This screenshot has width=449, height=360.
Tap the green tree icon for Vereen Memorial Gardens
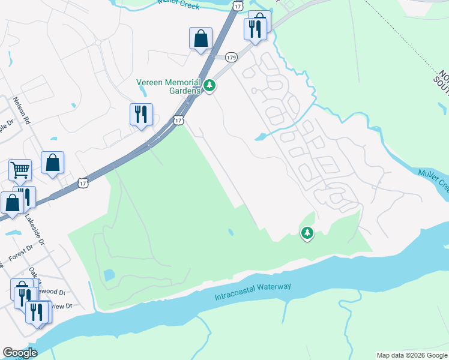tap(209, 86)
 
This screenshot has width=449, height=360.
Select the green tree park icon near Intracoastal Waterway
tap(307, 232)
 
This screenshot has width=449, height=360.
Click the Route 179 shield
tap(232, 58)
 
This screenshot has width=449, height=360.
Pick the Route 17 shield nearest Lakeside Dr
tap(82, 182)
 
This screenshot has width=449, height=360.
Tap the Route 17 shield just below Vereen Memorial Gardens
tap(178, 121)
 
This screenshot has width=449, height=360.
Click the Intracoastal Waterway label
tap(253, 292)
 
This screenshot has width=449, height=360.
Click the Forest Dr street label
tap(21, 253)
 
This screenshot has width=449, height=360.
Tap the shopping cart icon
tap(20, 170)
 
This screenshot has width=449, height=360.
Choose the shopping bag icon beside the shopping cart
tap(53, 162)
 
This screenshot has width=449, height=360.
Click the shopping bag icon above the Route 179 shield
tap(200, 38)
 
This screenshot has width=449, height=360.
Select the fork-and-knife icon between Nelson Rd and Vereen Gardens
tap(141, 114)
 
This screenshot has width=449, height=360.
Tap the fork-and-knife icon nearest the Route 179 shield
tap(255, 28)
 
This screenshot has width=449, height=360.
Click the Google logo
tap(20, 353)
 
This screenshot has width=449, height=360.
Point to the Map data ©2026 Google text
tap(412, 355)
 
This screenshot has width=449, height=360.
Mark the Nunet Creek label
tap(176, 2)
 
